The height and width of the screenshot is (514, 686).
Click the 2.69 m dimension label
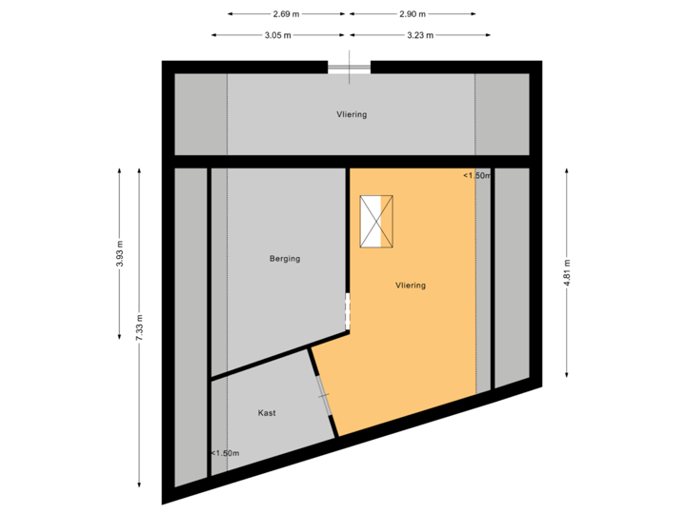point(286,14)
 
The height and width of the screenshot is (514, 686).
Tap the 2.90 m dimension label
point(412,14)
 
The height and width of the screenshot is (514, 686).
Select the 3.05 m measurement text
point(277,35)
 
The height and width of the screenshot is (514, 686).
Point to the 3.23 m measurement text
point(420,35)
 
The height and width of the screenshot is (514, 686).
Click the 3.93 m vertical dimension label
point(120,255)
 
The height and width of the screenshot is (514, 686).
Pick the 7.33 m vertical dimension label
point(140,327)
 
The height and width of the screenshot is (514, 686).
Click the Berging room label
point(285,258)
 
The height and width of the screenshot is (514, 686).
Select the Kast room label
point(267,413)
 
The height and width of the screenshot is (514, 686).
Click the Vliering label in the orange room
point(411,285)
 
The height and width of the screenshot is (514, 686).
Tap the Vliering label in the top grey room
point(351,114)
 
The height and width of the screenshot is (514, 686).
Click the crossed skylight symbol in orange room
point(376,222)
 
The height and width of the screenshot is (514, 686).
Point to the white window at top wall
point(349,67)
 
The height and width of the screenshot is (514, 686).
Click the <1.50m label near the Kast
point(225,453)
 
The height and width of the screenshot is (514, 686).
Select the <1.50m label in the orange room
point(476,176)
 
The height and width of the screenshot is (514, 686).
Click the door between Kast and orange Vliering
point(323,395)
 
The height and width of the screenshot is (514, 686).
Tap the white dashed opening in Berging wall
point(348,311)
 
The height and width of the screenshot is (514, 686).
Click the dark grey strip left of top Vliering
point(200,114)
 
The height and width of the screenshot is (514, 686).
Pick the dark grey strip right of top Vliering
point(502,114)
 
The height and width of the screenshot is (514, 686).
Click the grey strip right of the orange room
point(512,276)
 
